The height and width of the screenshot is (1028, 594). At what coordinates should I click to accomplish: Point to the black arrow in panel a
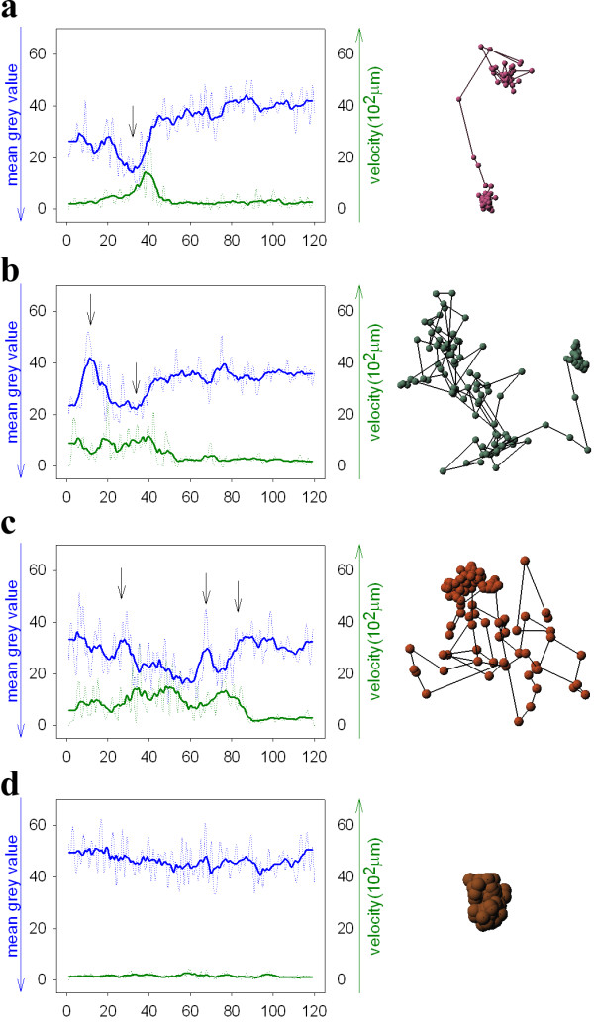pos(133,121)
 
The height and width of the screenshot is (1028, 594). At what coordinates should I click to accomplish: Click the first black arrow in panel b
pos(90,309)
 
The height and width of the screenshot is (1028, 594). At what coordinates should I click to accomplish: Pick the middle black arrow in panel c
pos(206,587)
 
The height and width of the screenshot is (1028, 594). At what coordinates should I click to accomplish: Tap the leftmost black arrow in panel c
pos(121,583)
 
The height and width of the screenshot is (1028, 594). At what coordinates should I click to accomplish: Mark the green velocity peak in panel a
pos(147,174)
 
